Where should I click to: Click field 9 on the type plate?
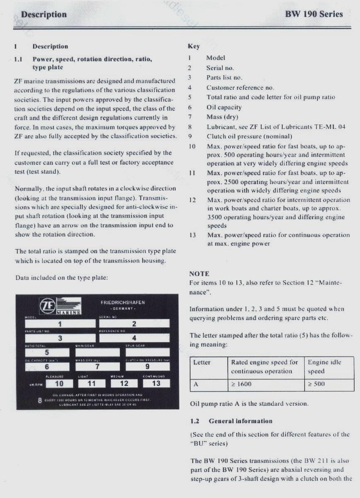[147, 366]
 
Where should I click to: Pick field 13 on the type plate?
[156, 383]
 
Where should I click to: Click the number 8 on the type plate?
[39, 400]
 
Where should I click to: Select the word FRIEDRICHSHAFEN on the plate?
[123, 303]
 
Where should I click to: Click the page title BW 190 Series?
[314, 14]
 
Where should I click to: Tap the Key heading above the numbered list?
[194, 47]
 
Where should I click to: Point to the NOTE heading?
[199, 274]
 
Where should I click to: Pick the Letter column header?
[202, 362]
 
